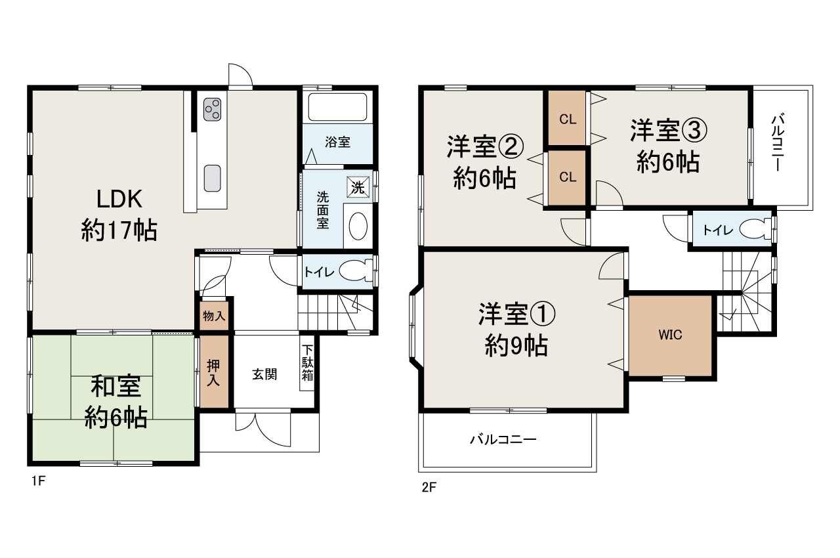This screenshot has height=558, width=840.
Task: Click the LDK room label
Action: click(119, 213)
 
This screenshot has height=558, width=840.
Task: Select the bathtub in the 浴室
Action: click(337, 107)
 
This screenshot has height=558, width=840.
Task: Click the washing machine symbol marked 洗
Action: click(358, 186)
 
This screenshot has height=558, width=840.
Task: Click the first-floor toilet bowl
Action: click(355, 271)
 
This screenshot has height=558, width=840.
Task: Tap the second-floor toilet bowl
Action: click(755, 230)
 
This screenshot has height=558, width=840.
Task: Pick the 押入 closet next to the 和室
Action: click(215, 372)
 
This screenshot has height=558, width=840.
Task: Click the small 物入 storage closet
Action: click(214, 316)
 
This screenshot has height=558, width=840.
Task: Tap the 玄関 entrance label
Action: click(264, 374)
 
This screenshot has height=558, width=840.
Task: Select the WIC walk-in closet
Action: click(670, 335)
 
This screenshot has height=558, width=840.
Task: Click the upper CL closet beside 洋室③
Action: click(568, 119)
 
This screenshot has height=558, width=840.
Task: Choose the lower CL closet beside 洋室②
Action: click(568, 177)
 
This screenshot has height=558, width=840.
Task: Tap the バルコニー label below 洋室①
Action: click(503, 439)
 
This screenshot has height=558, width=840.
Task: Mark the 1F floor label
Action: click(37, 481)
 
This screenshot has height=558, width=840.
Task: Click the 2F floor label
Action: click(429, 487)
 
